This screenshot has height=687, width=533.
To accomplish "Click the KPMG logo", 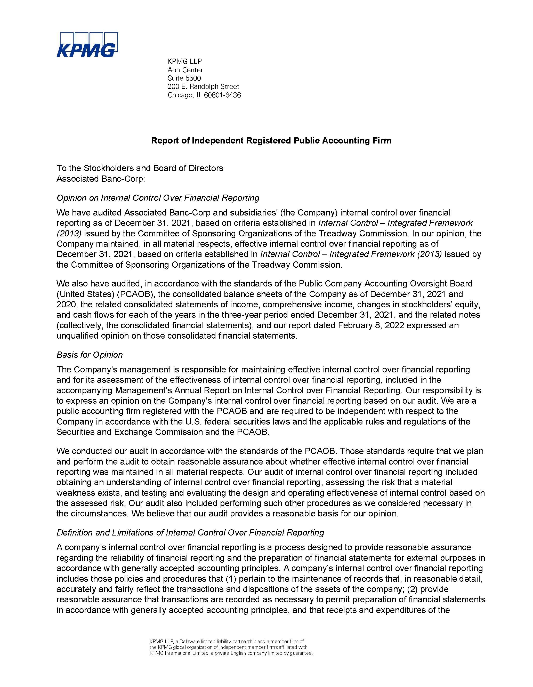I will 87,45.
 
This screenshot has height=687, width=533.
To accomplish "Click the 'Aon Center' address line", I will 185,70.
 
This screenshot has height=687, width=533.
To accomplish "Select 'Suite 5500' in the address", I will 184,78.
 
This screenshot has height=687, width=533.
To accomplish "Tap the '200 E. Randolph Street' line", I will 204,86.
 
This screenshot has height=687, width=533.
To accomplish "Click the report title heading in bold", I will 271,141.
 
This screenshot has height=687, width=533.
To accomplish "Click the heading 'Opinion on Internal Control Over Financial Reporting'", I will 158,198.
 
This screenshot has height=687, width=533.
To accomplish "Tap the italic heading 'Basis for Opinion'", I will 90,355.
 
